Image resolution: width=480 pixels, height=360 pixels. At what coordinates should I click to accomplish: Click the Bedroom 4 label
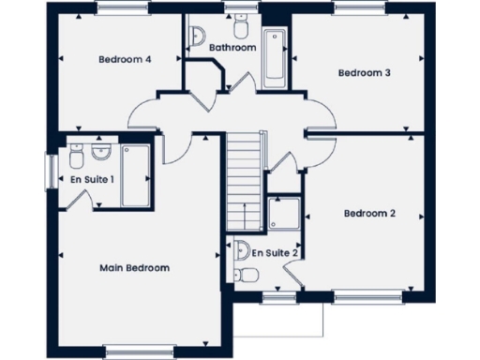(x=125, y=59)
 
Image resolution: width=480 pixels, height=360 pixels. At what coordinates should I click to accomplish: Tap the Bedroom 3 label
(x=364, y=72)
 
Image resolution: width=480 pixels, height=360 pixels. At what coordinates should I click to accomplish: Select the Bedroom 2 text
(x=369, y=214)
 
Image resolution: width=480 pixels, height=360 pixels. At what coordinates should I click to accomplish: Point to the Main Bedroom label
(x=134, y=268)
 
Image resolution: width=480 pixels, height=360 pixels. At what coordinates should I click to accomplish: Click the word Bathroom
(x=232, y=47)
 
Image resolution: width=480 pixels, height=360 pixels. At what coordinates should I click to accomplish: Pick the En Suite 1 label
(x=92, y=178)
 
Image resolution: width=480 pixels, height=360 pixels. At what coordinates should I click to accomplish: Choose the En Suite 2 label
(x=275, y=252)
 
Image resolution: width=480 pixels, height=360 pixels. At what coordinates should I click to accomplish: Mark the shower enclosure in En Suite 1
(x=136, y=174)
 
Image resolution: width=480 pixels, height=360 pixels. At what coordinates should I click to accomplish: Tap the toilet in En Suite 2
(x=247, y=273)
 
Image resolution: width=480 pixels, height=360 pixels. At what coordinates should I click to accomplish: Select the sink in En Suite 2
(x=242, y=249)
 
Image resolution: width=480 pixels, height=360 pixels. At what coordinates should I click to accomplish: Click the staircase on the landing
(x=243, y=180)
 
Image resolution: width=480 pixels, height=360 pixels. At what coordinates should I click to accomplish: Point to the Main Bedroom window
(x=134, y=352)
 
